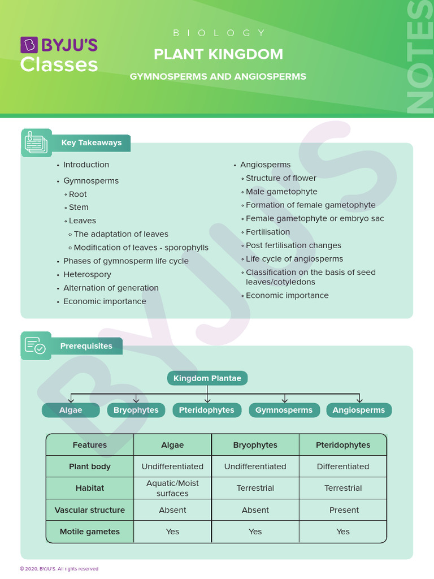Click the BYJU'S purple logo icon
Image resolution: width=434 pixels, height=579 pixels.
29,45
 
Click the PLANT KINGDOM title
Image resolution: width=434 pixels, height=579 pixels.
218,54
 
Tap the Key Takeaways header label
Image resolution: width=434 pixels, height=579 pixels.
92,143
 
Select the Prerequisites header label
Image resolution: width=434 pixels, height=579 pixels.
86,346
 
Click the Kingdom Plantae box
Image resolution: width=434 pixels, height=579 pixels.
207,378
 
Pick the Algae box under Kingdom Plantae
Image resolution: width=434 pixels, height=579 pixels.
71,410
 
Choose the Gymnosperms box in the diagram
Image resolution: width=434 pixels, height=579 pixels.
284,410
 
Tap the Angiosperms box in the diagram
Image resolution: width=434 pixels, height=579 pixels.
359,410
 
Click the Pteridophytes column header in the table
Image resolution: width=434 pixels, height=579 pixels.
343,445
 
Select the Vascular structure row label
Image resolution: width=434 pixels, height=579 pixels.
90,510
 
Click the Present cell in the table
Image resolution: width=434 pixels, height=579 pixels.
344,510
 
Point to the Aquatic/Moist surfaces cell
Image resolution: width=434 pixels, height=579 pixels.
172,488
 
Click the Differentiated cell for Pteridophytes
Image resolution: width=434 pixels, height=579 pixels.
343,466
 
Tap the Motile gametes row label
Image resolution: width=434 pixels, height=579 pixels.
90,532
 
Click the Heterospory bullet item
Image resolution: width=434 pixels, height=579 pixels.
87,274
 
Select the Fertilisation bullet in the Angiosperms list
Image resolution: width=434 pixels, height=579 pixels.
268,232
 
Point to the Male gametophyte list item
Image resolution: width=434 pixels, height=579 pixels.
281,192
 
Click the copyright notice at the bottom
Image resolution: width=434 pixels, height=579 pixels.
59,569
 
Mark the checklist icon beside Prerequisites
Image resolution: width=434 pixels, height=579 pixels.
36,345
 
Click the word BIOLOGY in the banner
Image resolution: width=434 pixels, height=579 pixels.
219,33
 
